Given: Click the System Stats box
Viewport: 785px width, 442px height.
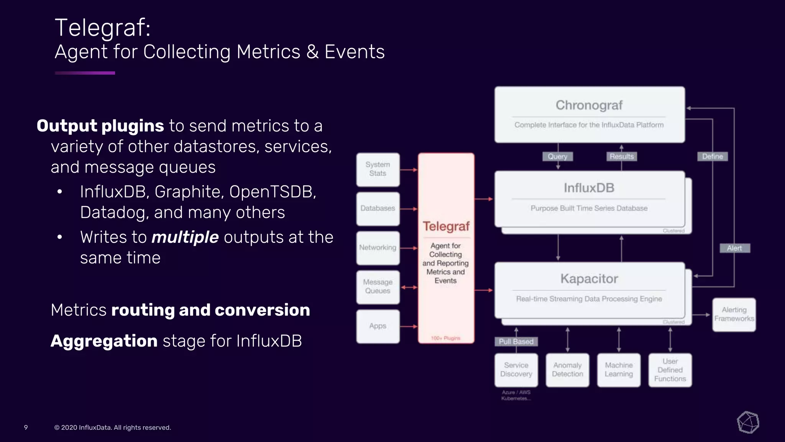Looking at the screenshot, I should click(378, 169).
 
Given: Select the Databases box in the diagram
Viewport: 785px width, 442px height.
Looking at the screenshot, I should click(378, 208).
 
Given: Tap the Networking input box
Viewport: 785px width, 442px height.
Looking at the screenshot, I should click(378, 248).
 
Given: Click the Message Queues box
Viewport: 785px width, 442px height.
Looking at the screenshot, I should click(378, 287).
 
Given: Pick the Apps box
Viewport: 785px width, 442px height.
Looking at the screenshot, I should click(378, 326).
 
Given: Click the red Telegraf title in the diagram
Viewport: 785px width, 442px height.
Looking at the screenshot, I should click(446, 226).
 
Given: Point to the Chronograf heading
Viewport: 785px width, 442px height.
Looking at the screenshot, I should click(589, 105).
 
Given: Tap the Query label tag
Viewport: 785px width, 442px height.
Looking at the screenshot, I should click(557, 157).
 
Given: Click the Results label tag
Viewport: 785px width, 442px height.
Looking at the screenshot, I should click(621, 157).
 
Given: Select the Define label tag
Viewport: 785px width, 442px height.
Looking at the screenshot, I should click(712, 157).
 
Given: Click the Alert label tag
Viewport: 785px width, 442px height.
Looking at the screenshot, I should click(734, 248).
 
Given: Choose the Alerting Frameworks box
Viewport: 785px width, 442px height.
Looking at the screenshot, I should click(734, 315).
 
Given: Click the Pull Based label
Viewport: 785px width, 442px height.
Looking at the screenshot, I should click(516, 341).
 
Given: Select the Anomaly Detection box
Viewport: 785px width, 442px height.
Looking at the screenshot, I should click(567, 370).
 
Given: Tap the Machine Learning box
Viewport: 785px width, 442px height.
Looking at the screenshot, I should click(619, 370).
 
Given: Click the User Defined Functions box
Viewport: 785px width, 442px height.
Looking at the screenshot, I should click(670, 370).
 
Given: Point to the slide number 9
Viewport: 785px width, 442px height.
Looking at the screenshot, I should click(26, 427).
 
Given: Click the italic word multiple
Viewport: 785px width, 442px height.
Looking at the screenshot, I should click(185, 237).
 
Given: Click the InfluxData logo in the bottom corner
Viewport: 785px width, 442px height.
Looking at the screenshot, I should click(748, 422).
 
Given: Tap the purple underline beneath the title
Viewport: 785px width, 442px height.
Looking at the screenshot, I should click(85, 73).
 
